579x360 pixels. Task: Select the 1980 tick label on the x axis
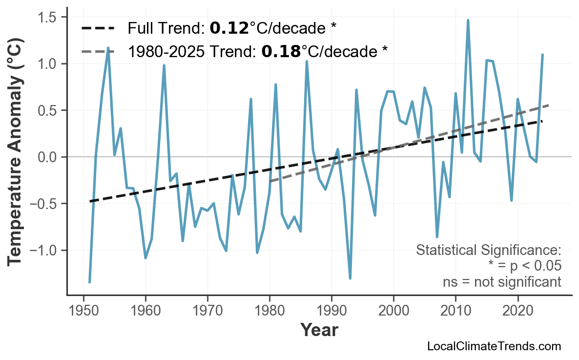click(269, 311)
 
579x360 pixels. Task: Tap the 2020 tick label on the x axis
click(517, 311)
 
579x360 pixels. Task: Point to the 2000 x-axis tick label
click(393, 311)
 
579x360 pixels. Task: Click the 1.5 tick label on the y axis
click(47, 18)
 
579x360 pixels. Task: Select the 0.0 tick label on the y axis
click(47, 157)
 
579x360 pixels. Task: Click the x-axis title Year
click(319, 330)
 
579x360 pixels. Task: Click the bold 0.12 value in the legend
click(229, 28)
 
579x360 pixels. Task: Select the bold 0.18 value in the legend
click(281, 51)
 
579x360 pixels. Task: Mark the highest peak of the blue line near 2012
click(468, 21)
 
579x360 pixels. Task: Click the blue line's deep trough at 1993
click(350, 278)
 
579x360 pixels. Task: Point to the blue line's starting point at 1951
click(90, 282)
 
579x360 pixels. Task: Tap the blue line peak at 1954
click(108, 48)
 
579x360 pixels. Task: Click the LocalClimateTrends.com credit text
click(494, 347)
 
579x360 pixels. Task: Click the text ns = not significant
click(501, 282)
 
